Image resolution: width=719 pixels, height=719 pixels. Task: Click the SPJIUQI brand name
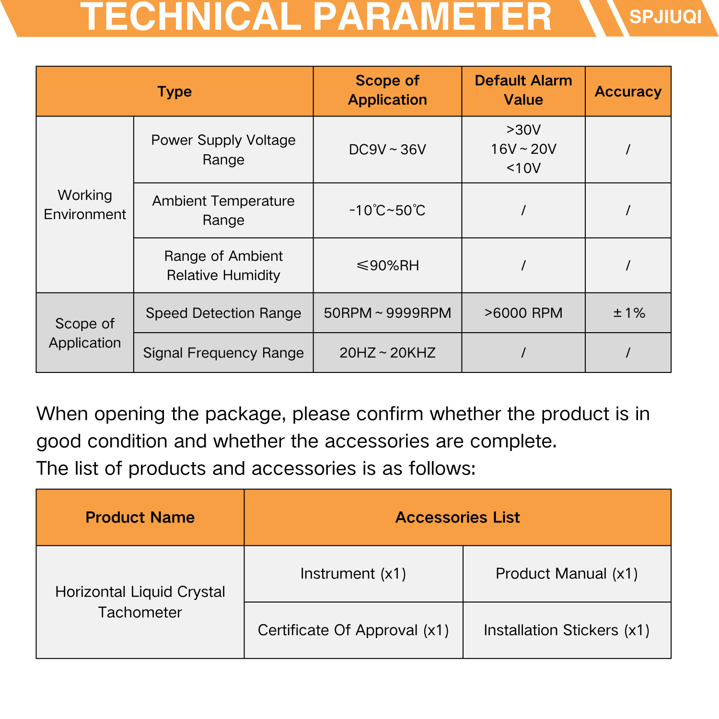(x=665, y=17)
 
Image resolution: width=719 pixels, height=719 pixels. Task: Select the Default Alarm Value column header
(x=523, y=90)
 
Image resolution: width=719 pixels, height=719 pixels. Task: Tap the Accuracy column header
(x=628, y=92)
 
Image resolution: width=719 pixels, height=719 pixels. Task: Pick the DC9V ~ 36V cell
(x=387, y=150)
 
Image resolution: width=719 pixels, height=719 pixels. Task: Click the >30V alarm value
(x=523, y=130)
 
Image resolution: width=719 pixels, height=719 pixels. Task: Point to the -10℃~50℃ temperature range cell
(x=387, y=210)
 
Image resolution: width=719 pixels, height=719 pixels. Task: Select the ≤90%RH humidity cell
(x=387, y=266)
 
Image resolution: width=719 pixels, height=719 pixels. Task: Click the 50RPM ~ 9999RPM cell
(x=387, y=313)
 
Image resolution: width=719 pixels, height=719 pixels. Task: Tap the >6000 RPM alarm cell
(x=523, y=313)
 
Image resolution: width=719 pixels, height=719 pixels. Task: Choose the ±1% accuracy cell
(x=628, y=313)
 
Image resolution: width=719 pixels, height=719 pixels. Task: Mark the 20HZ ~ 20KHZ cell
(x=387, y=353)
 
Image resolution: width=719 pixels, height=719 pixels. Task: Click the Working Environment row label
(x=85, y=205)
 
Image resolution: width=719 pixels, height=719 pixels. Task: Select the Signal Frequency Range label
(x=223, y=353)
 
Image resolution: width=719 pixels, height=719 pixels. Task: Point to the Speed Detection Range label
(x=223, y=313)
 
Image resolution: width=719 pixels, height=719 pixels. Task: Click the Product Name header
(x=140, y=518)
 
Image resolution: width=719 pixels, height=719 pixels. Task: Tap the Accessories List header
(x=457, y=518)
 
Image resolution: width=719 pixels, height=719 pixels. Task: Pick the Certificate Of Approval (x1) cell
(x=353, y=630)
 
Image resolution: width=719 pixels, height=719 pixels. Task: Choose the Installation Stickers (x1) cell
(x=567, y=630)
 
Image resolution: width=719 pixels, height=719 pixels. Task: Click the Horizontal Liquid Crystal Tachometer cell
(x=140, y=602)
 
